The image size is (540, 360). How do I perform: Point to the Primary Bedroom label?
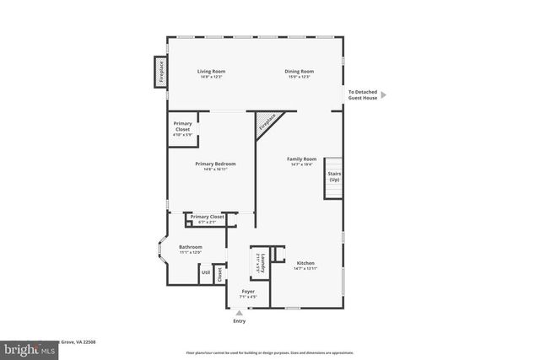coord(215,165)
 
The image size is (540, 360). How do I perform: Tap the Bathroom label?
coord(191,249)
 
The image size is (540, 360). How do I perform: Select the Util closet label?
coord(205,272)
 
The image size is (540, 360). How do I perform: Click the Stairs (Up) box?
coord(334,178)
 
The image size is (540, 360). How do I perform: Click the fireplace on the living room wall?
coord(159,72)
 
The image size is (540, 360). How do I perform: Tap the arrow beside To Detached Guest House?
coord(384,95)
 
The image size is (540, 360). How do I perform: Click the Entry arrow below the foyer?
coord(239,313)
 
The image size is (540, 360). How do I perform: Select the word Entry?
coord(239,321)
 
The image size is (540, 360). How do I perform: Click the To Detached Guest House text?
coord(363,95)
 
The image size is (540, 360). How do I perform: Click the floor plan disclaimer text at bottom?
coord(270,352)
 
